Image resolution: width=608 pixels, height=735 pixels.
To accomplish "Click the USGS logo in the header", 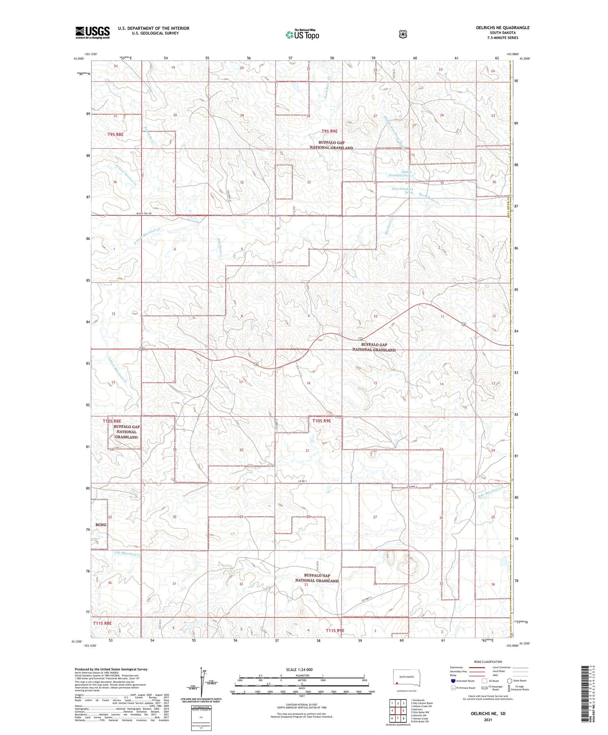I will click(92, 32).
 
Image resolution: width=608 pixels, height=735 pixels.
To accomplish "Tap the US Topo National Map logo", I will click(302, 34).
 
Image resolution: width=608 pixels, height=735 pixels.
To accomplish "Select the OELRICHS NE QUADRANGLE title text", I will click(503, 28).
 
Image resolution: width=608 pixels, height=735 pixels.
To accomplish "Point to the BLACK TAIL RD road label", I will click(143, 213).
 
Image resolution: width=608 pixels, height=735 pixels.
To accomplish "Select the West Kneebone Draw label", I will click(402, 191).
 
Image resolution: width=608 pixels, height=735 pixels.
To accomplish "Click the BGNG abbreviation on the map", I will click(101, 525).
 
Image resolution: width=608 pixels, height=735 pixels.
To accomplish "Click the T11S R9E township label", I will click(335, 630).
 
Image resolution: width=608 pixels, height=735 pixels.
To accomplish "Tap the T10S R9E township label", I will click(321, 421).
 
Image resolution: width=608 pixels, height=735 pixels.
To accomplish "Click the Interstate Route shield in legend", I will click(453, 681).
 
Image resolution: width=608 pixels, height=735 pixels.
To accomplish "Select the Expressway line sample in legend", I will click(477, 667).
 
